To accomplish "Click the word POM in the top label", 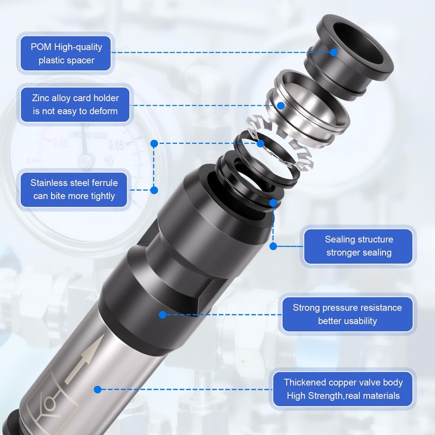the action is pos(41,47).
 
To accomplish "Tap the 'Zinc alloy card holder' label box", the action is pos(75,104).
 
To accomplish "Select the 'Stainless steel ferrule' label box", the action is pos(74,189).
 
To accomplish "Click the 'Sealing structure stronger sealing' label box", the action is pos(358,246).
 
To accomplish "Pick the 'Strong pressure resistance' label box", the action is pos(347,314).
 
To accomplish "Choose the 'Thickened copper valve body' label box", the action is pos(343,389).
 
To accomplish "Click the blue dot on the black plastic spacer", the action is pos(334,52).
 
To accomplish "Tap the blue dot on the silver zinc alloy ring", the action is pos(281,105).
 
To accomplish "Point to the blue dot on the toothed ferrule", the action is pos(260,144).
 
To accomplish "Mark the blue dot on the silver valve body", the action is pos(98,389).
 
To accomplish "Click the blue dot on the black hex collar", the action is pos(163,315).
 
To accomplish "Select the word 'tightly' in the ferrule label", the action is pos(101,196).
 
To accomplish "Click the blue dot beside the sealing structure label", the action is pos(274,246).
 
